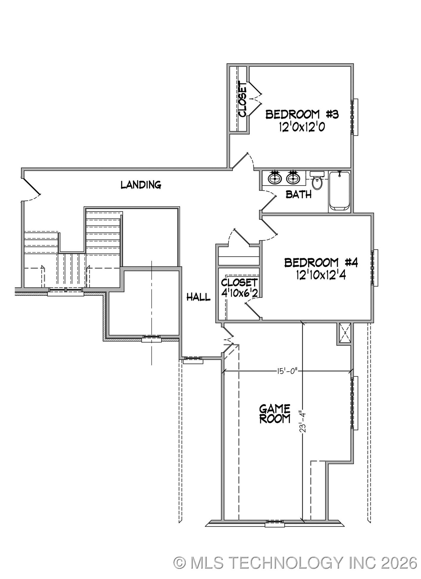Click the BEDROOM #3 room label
tap(302, 114)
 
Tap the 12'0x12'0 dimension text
tap(302, 127)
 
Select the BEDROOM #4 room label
tap(321, 262)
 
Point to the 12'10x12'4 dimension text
tap(321, 275)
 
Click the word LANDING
tap(141, 185)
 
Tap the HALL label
tap(198, 297)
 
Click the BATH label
tap(299, 195)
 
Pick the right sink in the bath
tap(293, 178)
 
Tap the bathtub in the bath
tap(340, 191)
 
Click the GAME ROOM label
tap(275, 414)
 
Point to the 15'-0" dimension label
tap(286, 371)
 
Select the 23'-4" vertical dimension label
tap(302, 425)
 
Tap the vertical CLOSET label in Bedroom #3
tap(242, 100)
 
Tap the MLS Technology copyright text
tap(295, 563)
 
